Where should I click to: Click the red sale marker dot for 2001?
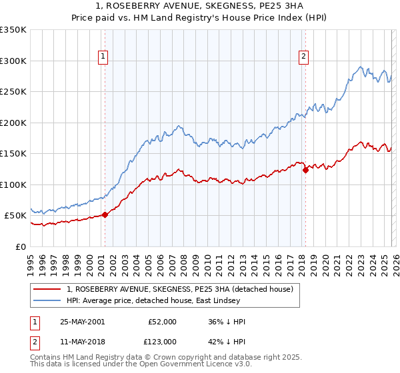click(105, 214)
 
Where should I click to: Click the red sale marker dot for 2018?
click(305, 171)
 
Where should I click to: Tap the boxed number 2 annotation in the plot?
click(303, 57)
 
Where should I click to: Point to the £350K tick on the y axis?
click(13, 30)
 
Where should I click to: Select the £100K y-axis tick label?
click(13, 185)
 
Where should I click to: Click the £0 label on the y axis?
click(21, 246)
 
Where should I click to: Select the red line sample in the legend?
click(47, 289)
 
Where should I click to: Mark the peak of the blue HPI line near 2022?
click(361, 67)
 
